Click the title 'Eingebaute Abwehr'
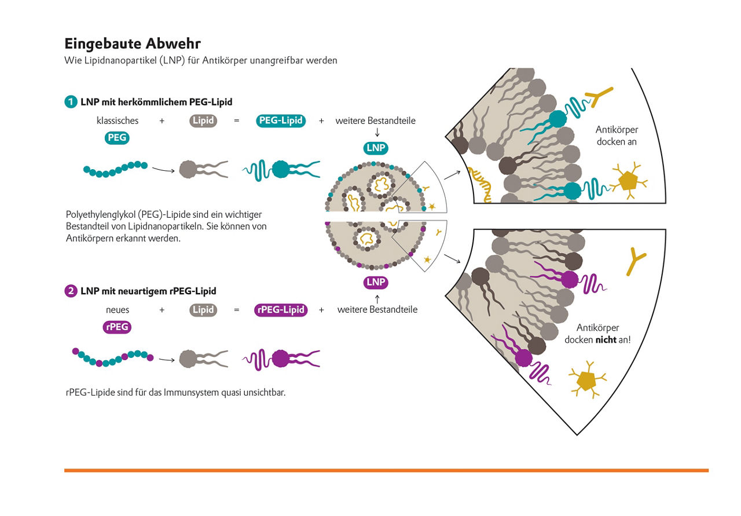click(133, 44)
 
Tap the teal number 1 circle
click(71, 102)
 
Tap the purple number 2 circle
click(71, 291)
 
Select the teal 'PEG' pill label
click(118, 138)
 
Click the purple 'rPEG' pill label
click(118, 327)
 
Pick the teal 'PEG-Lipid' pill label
click(281, 121)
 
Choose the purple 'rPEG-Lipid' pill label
click(281, 310)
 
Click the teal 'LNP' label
click(376, 148)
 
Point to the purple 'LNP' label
click(376, 283)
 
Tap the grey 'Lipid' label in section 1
click(203, 121)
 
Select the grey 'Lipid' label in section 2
click(203, 310)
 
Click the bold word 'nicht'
click(606, 340)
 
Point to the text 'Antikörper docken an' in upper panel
click(616, 136)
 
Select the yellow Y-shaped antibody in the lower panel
click(636, 262)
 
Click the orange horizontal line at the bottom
click(386, 470)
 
